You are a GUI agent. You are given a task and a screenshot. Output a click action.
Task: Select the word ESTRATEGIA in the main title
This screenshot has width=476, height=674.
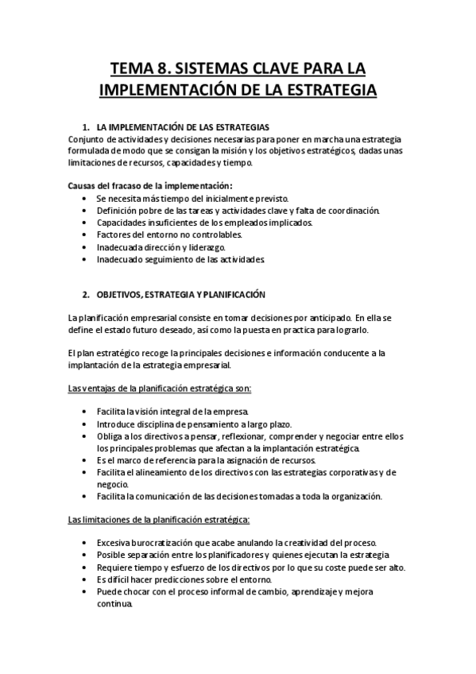pyautogui.click(x=329, y=89)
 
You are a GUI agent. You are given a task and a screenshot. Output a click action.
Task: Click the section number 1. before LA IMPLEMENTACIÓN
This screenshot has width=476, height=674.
pyautogui.click(x=86, y=127)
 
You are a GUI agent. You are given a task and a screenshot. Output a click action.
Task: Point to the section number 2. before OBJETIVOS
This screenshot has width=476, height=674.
pyautogui.click(x=86, y=294)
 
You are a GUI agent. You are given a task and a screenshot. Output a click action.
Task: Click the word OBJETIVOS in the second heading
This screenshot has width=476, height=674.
pyautogui.click(x=121, y=294)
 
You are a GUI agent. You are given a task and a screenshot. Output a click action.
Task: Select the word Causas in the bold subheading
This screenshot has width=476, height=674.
pyautogui.click(x=83, y=185)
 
